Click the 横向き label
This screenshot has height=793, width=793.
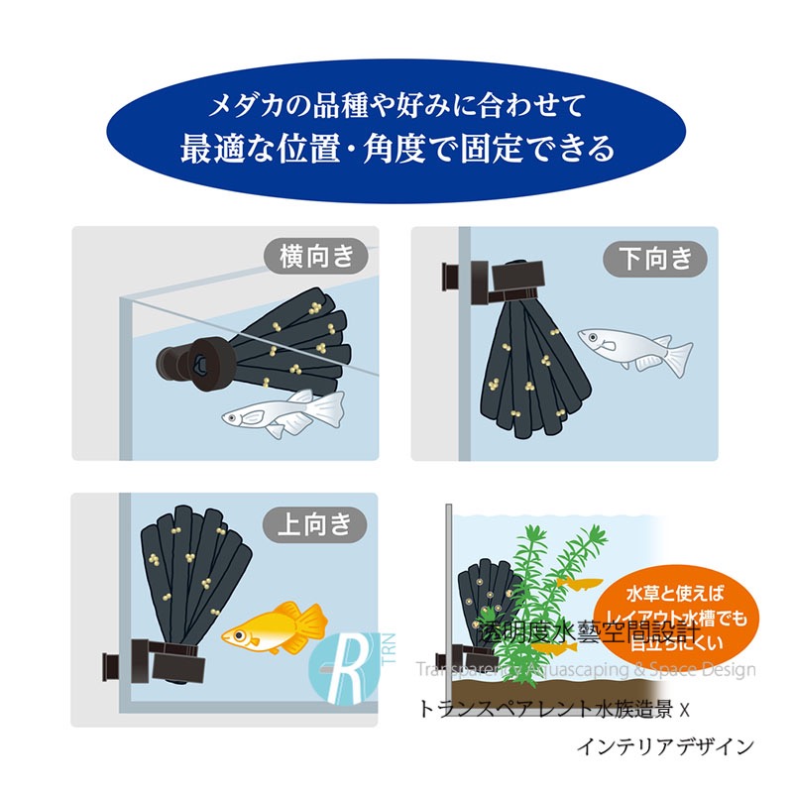[316, 258]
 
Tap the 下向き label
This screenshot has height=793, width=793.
[655, 259]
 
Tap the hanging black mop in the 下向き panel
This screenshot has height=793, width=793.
[529, 367]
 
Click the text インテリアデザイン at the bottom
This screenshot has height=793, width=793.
[664, 746]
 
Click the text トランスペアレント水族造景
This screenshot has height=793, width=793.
[544, 709]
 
